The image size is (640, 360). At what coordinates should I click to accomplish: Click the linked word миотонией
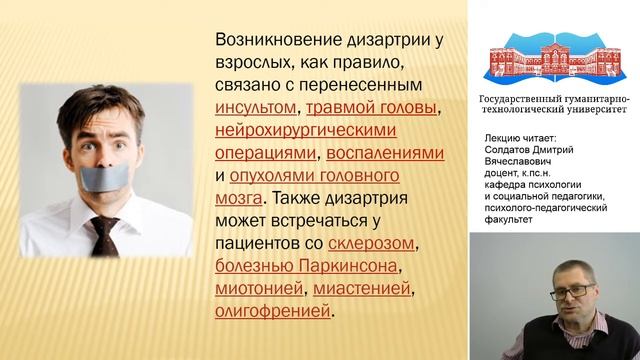coord(259,289)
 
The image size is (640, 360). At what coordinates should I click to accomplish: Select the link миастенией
coord(363,289)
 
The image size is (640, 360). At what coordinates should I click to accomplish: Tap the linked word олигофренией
coord(272,312)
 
